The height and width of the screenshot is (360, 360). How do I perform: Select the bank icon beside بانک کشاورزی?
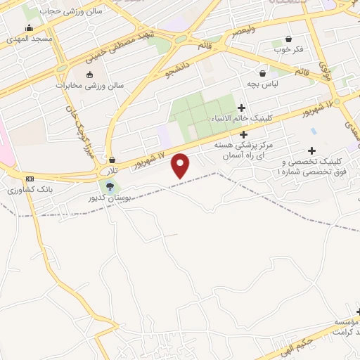point(29,179)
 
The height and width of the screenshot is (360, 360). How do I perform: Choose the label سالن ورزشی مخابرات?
point(89,85)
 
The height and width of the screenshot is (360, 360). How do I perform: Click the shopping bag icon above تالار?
point(112,160)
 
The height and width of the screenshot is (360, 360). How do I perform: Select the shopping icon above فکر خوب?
point(288,39)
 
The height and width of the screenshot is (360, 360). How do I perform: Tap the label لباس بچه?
point(262,84)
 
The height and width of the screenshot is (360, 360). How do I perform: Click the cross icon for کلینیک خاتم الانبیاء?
point(242,108)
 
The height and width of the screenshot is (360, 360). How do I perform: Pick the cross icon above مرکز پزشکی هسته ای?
point(244,134)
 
